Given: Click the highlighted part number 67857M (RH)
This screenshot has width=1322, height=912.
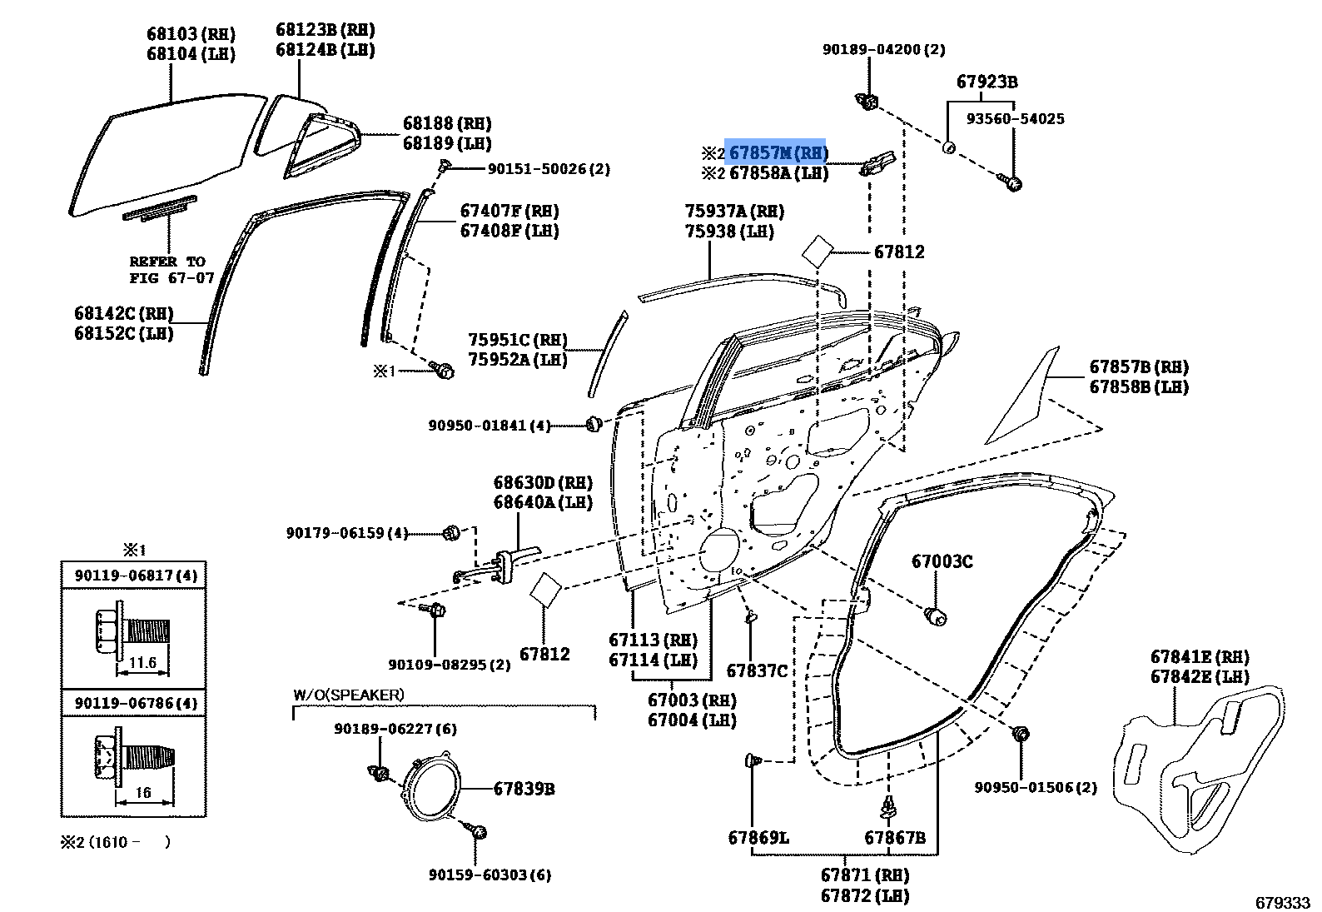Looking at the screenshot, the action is pos(778,153).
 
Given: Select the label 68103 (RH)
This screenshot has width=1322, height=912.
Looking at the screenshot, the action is pos(191,34).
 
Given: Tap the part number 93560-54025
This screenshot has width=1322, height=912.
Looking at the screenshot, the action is pos(1015,118).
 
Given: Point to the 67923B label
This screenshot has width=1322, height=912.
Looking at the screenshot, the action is pos(987,82).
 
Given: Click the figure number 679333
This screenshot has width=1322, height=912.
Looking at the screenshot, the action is pos(1282,903).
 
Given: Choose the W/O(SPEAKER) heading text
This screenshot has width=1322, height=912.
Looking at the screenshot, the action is pos(348,695).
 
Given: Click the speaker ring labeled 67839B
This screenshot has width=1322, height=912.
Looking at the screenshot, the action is pos(431,785).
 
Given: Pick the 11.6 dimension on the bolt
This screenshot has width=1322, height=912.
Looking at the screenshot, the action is pos(142,662).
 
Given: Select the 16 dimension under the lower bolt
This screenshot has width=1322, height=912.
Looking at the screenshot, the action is pos(143,792).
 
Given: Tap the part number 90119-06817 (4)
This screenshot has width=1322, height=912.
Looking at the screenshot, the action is pos(136,575).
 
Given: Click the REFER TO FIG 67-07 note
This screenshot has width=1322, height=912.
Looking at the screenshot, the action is pos(171,270).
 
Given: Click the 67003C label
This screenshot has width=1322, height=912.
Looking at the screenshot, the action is pos(942,561).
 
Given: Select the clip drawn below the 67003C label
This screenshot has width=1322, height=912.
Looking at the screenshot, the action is pos(936,616).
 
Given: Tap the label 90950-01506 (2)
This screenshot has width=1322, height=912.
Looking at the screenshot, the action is pos(1035,787).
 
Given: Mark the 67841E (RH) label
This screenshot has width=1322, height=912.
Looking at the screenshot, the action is pos(1200,656).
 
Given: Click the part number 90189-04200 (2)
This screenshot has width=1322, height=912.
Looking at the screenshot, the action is pos(883,50).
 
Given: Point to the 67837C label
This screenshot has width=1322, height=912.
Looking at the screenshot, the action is pos(757,670).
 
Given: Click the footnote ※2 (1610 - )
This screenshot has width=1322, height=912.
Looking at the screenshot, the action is pos(116,842).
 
